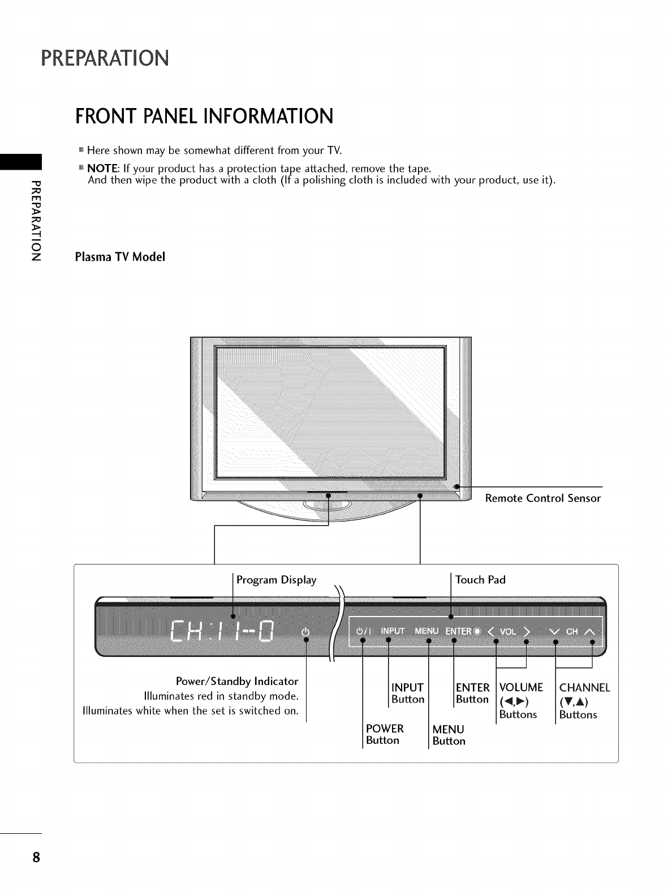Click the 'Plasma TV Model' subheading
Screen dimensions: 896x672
(120, 257)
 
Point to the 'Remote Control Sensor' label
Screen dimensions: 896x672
(542, 498)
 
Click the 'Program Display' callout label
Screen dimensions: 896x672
(276, 580)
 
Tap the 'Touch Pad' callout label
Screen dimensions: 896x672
(480, 580)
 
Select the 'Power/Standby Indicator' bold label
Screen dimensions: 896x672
(237, 680)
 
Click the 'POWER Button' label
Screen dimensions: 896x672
(385, 734)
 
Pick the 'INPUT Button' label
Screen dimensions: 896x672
(407, 693)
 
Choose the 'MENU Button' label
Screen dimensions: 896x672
(448, 735)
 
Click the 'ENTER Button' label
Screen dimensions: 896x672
(472, 693)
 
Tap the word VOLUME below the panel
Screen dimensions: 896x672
(520, 688)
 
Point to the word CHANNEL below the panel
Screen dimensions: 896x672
(584, 688)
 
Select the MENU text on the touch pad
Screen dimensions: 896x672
(427, 631)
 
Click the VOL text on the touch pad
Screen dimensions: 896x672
(507, 631)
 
